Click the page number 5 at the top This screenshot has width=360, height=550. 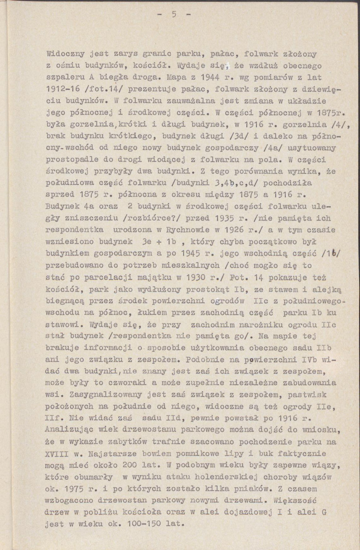(x=174, y=14)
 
